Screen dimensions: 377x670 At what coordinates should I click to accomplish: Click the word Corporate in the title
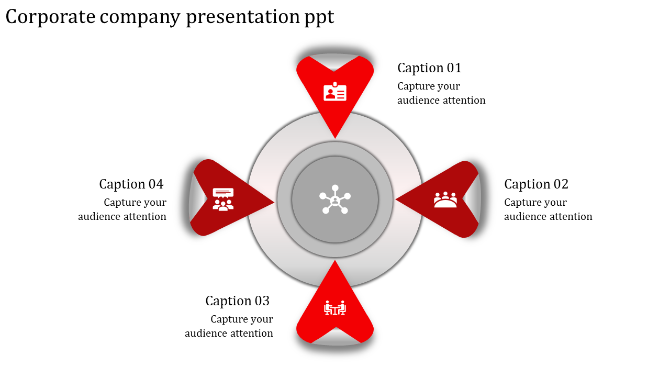51,17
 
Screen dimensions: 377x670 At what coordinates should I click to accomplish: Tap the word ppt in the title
319,18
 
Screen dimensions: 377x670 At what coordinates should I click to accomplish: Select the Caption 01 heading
429,68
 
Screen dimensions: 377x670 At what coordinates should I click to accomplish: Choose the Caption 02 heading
536,184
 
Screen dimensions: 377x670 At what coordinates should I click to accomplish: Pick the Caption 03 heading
237,301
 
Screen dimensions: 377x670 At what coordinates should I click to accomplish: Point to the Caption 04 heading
131,184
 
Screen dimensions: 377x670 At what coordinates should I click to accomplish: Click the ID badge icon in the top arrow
335,92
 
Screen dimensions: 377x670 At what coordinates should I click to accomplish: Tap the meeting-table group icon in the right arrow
445,199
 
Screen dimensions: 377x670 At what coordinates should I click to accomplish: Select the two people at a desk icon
335,308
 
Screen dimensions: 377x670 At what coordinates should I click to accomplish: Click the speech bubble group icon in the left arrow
223,199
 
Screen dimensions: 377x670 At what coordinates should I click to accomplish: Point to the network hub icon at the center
335,199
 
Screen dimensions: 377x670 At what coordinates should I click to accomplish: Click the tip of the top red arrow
335,138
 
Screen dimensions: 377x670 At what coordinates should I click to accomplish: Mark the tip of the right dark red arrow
396,199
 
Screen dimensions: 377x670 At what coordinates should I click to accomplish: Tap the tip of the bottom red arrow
335,261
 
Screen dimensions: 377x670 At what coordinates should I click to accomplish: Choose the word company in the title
141,18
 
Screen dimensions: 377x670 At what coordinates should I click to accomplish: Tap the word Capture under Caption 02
524,203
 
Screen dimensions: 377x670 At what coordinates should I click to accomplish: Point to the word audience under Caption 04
99,217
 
